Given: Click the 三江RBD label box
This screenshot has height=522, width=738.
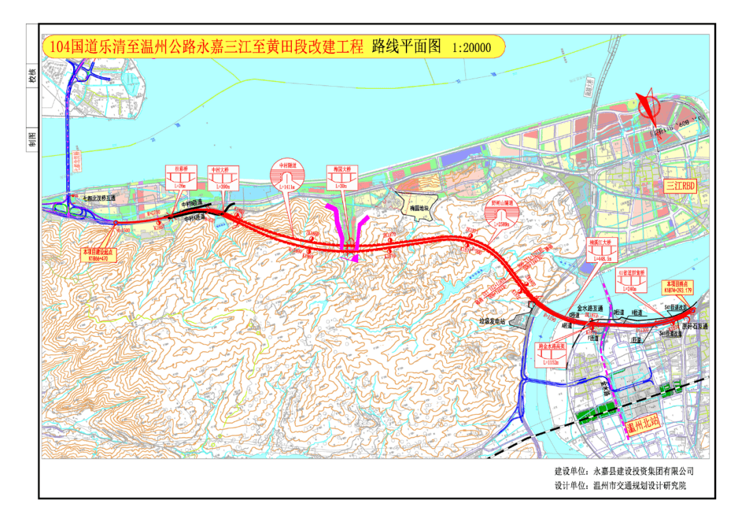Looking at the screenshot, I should tap(679, 185).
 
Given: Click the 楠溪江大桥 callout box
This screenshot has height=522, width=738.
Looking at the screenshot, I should tap(602, 252).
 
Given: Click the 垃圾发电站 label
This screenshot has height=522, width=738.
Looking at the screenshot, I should tap(491, 320).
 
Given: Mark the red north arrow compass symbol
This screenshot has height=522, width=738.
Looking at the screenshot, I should tap(647, 106).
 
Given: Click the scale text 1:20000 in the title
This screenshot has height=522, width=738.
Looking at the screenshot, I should tap(471, 48).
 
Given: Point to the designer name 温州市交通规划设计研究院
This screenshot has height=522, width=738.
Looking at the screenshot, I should tap(640, 486).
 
